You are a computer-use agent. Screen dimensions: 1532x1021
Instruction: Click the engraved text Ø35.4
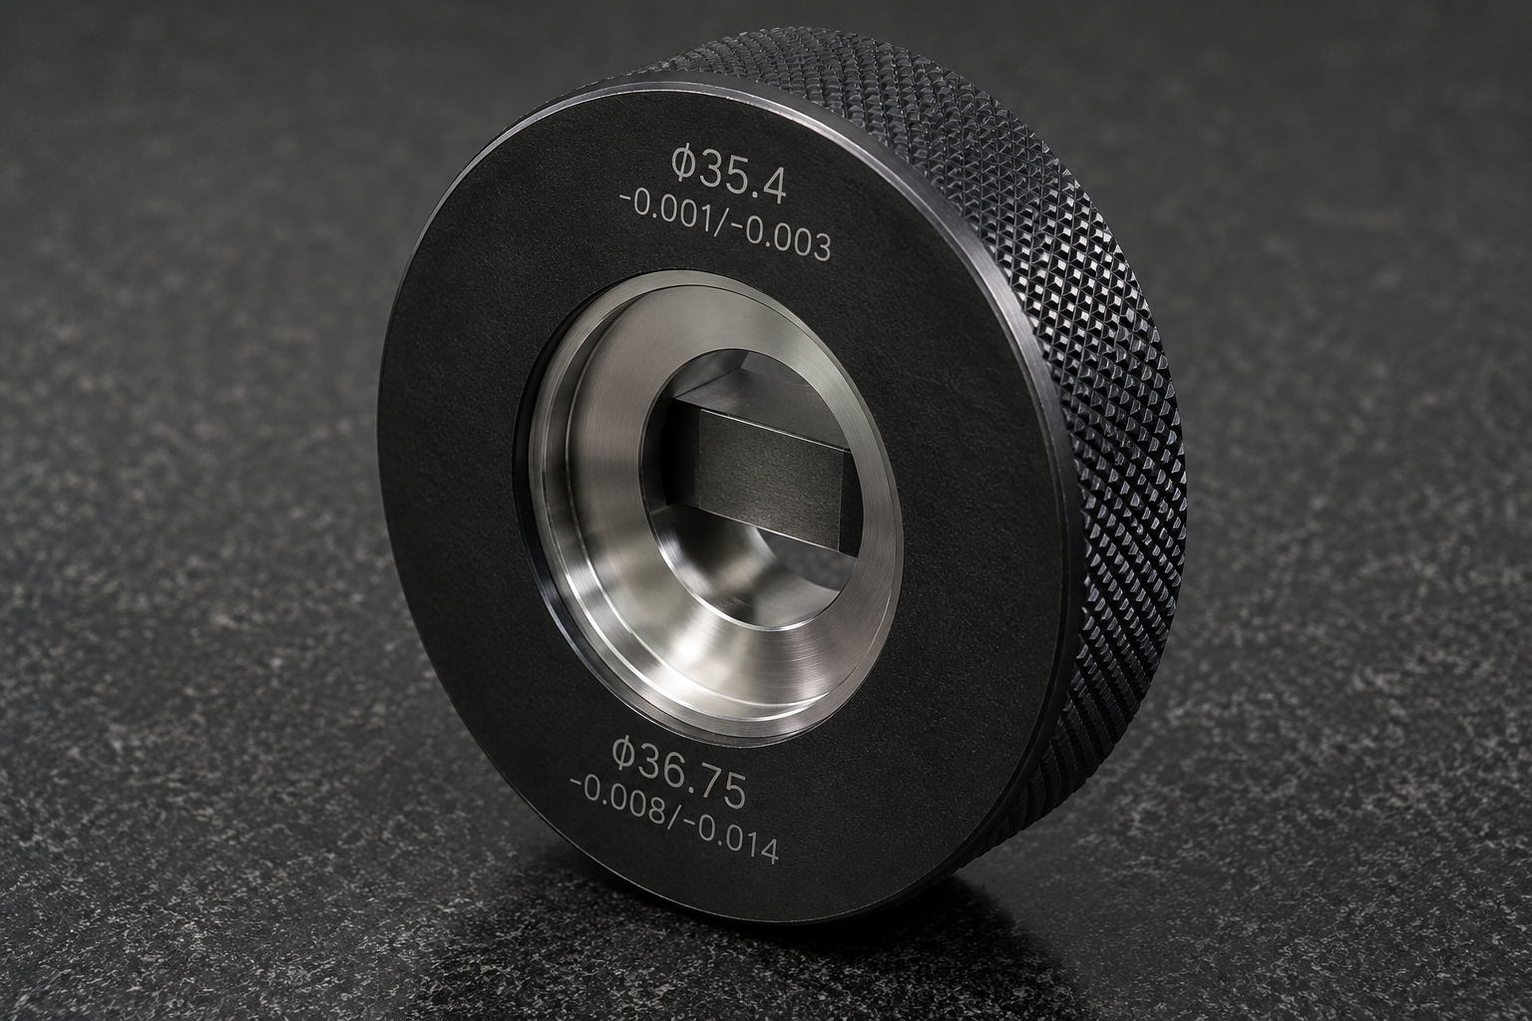pyautogui.click(x=728, y=175)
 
